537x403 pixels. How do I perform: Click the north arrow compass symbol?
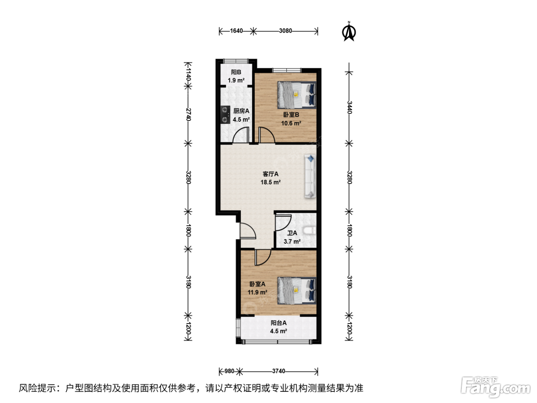[x=349, y=31]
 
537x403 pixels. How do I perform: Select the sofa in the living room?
[x=310, y=176]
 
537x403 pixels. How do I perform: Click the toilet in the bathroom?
[x=310, y=231]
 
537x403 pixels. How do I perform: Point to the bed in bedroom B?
[x=297, y=95]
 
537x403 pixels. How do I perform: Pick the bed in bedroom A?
[x=297, y=291]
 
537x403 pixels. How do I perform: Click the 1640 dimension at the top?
[x=236, y=31]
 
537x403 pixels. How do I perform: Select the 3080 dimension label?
[x=285, y=31]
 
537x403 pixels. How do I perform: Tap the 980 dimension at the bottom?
[x=229, y=371]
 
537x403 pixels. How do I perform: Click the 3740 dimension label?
[x=278, y=371]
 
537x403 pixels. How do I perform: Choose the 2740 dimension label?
[x=188, y=114]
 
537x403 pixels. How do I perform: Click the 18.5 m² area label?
[x=270, y=182]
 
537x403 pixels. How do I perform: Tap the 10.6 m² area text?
[x=291, y=123]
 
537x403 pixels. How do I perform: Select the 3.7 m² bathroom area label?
[x=292, y=241]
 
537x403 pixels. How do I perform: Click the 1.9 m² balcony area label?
[x=236, y=80]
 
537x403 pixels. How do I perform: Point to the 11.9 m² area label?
[x=257, y=292]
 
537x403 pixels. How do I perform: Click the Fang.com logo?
[x=495, y=386]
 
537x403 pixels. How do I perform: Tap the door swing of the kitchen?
[x=241, y=134]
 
